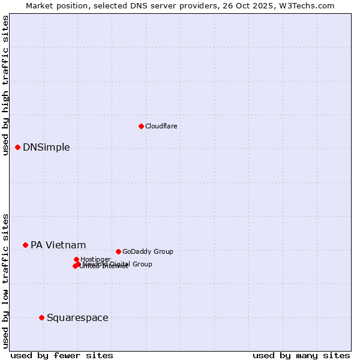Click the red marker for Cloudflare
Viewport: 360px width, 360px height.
(141, 126)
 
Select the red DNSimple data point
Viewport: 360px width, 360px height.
(17, 147)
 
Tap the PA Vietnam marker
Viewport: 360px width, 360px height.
(25, 245)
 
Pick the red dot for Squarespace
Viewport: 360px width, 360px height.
(41, 317)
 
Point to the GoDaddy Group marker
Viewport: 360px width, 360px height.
(118, 251)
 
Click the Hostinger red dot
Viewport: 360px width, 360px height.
(76, 259)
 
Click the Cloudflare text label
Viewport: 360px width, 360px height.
(161, 126)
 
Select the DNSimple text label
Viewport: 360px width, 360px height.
(46, 148)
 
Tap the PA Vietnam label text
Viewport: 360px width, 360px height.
(58, 245)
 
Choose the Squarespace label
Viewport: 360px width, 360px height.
(77, 317)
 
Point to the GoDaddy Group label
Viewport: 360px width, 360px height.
(148, 251)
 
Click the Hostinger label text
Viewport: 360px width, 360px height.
(95, 259)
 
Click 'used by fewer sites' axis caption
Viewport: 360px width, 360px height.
(62, 355)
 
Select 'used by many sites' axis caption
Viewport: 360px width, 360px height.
(301, 355)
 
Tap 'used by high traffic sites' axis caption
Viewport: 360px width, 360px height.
(5, 86)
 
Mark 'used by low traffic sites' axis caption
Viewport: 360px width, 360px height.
(5, 281)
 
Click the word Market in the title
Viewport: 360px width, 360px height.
(39, 5)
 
